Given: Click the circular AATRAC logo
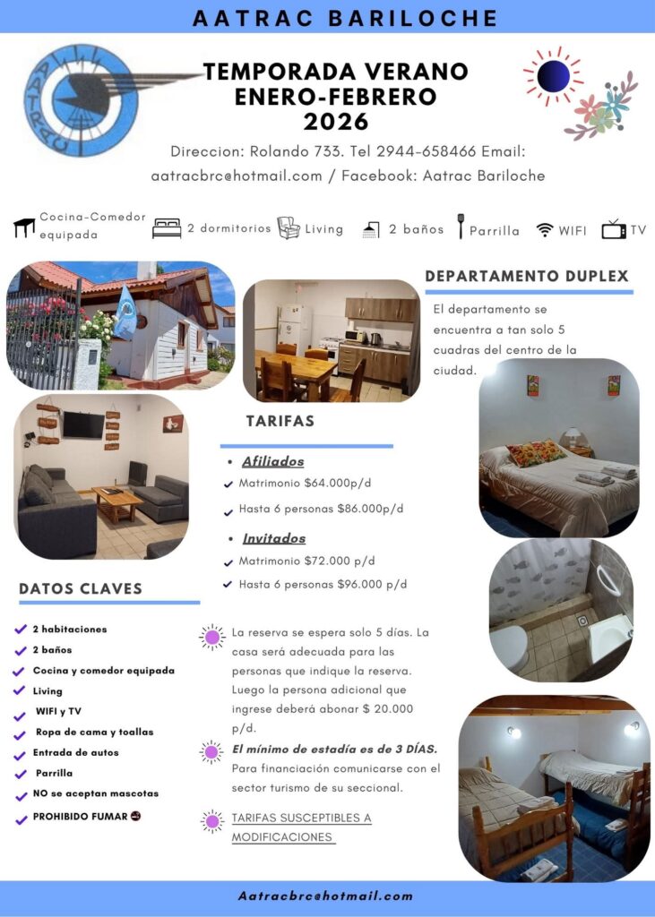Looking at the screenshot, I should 82,100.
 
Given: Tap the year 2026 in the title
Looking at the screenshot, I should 335,121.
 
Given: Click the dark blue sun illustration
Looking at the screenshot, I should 553,76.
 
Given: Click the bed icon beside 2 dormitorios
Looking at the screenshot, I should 167,228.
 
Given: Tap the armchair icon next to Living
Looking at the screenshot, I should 288,227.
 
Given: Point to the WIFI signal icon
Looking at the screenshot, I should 545,230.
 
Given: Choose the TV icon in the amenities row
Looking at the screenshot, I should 614,230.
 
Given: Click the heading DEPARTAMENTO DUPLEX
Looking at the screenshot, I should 527,277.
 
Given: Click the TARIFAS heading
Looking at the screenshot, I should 280,421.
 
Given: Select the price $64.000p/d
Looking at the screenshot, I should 338,484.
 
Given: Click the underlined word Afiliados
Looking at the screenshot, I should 272,462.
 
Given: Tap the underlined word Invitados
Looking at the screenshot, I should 273,539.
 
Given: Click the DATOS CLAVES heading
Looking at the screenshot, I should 81,588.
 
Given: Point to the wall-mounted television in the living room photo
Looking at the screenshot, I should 82,424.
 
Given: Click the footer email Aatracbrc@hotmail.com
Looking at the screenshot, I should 326,896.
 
